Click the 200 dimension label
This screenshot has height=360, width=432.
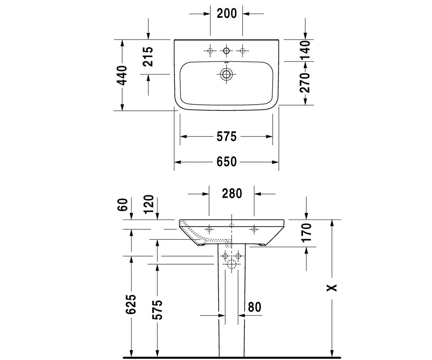pos(226,14)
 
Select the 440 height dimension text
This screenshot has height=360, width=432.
pos(122,75)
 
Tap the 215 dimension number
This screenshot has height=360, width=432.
pos(148,57)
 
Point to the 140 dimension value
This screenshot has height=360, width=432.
pos(305,50)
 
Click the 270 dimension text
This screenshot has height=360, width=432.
pos(305,83)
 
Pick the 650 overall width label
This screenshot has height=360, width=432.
pos(226,162)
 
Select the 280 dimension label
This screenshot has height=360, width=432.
pos(232,194)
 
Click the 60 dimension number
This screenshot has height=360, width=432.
pos(122,204)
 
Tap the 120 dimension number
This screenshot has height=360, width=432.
pos(149,204)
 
